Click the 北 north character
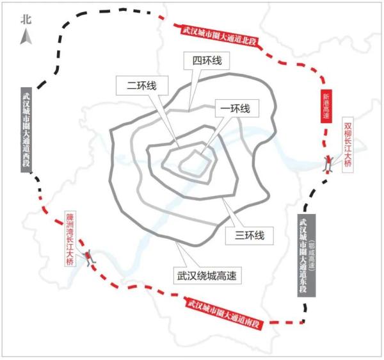pos(26,19)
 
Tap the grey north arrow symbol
pos(26,37)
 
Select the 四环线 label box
pos(207,60)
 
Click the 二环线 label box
pos(142,86)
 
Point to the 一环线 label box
pos(237,108)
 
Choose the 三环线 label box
pos(250,236)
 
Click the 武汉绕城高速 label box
pos(207,275)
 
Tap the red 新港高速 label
pos(326,106)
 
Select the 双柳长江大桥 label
pos(348,145)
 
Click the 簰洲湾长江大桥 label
pos(70,238)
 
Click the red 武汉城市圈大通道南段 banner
pos(224,313)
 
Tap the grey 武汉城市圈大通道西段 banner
pos(26,129)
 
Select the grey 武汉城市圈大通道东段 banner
pos(307,256)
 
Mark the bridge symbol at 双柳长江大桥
pos(328,164)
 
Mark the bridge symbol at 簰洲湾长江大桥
pos(90,257)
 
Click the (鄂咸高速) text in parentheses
pos(311,254)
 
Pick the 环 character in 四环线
pos(207,60)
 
